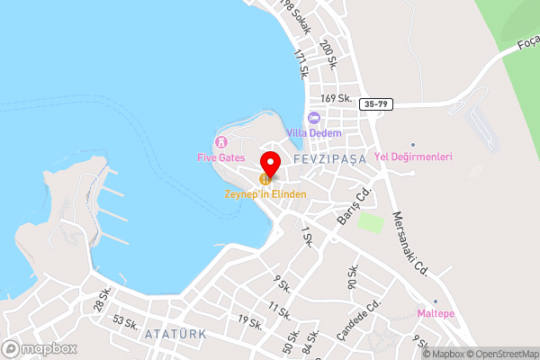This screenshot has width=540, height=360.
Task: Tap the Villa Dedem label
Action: pos(314,132)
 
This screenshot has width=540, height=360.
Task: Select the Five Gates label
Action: pos(220,157)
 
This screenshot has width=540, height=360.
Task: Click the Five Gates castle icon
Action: pos(220,142)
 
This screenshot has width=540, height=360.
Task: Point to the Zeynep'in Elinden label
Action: pos(265,193)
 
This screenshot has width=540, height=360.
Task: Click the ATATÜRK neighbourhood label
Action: pos(175,333)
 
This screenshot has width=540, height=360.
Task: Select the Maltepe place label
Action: pos(436,313)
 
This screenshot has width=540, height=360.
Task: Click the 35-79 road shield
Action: pos(377,103)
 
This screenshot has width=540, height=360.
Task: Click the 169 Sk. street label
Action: pos(335,99)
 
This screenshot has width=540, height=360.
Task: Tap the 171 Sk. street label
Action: pos(302,66)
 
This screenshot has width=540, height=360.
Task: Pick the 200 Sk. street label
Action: pos(328,57)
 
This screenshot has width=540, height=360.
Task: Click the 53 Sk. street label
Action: pos(125,321)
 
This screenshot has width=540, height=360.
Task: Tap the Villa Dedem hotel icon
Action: pos(314,117)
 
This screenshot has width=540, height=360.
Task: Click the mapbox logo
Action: pos(39,348)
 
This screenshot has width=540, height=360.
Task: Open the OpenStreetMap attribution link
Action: pos(502,354)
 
